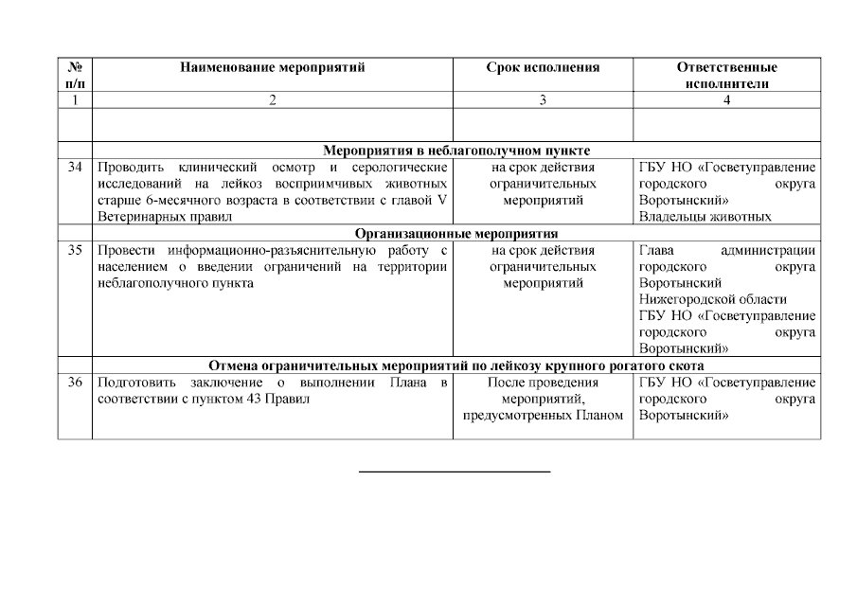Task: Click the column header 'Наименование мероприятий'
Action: [x=272, y=67]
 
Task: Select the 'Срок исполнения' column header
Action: [x=543, y=67]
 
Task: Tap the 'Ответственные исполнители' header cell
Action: [x=726, y=75]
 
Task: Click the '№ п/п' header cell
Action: [x=75, y=75]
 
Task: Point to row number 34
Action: [x=75, y=168]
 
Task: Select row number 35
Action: [x=75, y=250]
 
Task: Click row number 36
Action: [x=75, y=383]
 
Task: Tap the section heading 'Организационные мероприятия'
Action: [x=456, y=233]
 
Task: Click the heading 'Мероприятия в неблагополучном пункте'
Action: [x=456, y=150]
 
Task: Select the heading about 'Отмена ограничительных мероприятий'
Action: [x=456, y=365]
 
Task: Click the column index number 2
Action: [x=272, y=100]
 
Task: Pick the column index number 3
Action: [x=543, y=100]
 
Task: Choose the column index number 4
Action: [x=726, y=100]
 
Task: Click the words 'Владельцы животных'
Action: [x=705, y=217]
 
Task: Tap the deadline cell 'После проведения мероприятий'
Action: [x=543, y=399]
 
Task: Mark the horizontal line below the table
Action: [x=455, y=471]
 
